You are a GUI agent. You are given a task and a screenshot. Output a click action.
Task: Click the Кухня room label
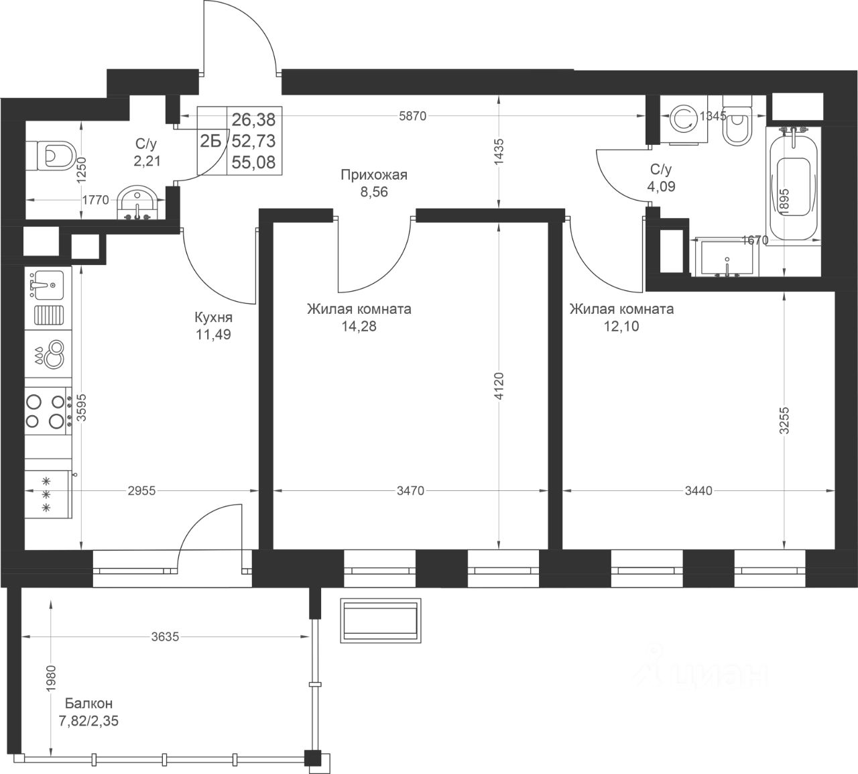(x=213, y=317)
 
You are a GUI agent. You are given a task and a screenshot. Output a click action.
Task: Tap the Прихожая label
(x=374, y=174)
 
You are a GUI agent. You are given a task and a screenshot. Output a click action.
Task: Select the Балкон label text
(x=89, y=703)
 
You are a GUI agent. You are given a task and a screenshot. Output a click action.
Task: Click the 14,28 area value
(x=359, y=326)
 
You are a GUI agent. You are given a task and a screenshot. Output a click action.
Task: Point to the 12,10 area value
(x=621, y=326)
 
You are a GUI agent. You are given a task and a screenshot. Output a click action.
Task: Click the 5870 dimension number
(x=413, y=116)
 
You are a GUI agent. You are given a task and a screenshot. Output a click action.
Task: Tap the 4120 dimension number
(x=499, y=386)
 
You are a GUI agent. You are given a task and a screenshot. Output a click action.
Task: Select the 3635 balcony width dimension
(x=165, y=637)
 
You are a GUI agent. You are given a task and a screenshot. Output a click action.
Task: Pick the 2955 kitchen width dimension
(x=141, y=490)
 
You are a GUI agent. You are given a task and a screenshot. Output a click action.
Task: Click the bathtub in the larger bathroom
(x=794, y=188)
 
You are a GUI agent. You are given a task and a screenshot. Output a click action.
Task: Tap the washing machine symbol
(x=684, y=119)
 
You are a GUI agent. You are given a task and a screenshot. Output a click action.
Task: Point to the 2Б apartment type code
(x=211, y=141)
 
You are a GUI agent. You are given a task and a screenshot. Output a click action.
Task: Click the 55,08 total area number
(x=253, y=162)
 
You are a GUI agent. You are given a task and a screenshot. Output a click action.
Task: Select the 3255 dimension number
(x=784, y=421)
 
